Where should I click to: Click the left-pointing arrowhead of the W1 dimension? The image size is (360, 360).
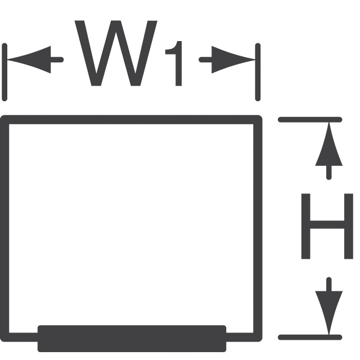point(25,58)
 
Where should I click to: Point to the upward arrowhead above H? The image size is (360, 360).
point(328,147)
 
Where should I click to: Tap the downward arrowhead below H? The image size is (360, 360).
point(328,311)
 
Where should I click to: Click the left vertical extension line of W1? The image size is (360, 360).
point(4,72)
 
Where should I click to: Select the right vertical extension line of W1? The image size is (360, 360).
point(258,72)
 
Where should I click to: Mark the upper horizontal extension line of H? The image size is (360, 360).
point(309,119)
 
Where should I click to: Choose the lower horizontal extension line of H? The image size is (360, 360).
point(309,337)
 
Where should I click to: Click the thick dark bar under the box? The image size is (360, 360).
point(132,338)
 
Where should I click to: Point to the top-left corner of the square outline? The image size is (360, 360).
point(5,119)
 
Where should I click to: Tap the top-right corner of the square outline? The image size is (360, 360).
point(258,119)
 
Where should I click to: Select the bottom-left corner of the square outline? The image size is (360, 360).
point(5,337)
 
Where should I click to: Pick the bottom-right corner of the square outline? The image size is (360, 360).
point(258,337)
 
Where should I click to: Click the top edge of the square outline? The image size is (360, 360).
point(132,119)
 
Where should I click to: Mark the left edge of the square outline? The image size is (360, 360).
point(5,225)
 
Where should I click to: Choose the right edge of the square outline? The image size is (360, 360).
point(258,225)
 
